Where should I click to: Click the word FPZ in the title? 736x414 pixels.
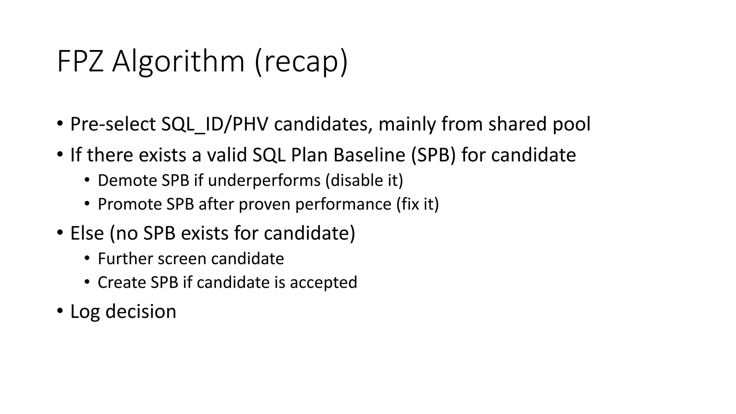[80, 61]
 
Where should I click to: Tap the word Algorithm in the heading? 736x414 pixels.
[178, 61]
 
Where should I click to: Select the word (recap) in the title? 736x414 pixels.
[301, 61]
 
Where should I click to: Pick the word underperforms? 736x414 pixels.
[264, 180]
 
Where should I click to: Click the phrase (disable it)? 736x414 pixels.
[364, 180]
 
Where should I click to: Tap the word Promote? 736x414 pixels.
[130, 204]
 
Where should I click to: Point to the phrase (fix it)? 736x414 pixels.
[417, 204]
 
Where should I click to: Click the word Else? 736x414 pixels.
[87, 233]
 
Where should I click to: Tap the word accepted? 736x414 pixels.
[323, 282]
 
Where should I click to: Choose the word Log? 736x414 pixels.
[85, 312]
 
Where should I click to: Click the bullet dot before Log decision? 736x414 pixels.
[60, 311]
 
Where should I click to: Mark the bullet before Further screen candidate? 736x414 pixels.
[87, 258]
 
